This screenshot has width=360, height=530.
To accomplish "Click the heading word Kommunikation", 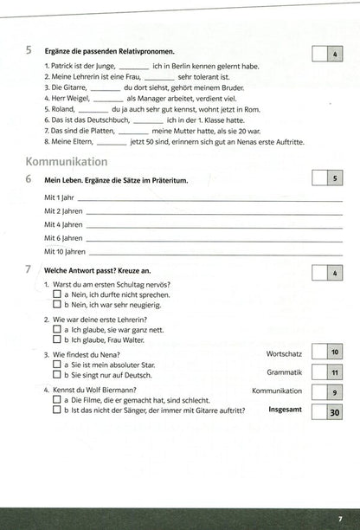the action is pos(67,162).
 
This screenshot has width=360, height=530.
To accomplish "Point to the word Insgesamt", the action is pos(285,410).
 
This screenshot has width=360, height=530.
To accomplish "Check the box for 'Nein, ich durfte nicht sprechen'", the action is pos(56,294).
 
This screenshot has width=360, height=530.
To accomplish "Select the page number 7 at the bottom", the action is pos(340,517).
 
